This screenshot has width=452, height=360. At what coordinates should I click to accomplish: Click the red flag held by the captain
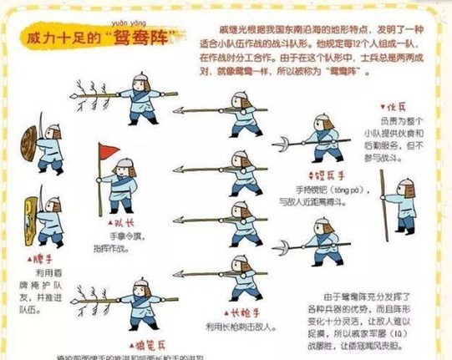[x=108, y=152]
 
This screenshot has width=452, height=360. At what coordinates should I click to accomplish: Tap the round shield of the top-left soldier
[x=30, y=137]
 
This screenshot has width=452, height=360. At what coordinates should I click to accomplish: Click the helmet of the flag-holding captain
[x=124, y=165]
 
